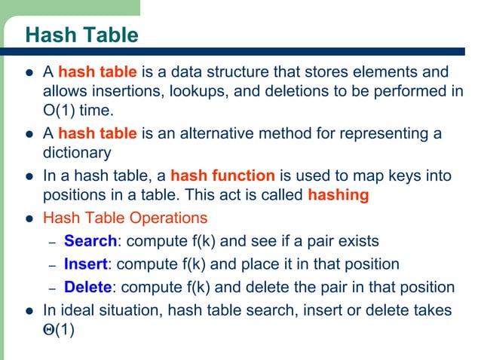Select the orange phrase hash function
coord(222,176)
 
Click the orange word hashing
coord(339,195)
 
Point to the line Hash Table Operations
coord(124,218)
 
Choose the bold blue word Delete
coord(88,287)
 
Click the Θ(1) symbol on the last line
coord(59,329)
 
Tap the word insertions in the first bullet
coord(127,91)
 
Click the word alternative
coord(203,134)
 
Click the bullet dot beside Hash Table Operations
coord(29,219)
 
